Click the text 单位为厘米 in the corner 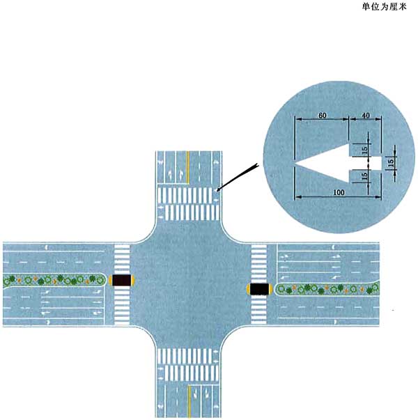coord(385,6)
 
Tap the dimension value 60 coord(323,116)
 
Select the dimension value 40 coord(366,116)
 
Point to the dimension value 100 coord(339,192)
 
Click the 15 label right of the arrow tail coord(391,162)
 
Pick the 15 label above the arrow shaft coord(364,150)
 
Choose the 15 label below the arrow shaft coord(364,176)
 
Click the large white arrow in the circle coord(338,163)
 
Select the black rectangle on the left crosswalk coord(122,280)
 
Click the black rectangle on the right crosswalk coord(259,289)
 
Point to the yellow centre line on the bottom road coord(189,400)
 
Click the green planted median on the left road coord(54,281)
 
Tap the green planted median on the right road coord(327,289)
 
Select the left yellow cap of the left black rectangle coord(110,280)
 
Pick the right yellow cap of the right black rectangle coord(270,289)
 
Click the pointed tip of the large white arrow coord(295,163)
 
